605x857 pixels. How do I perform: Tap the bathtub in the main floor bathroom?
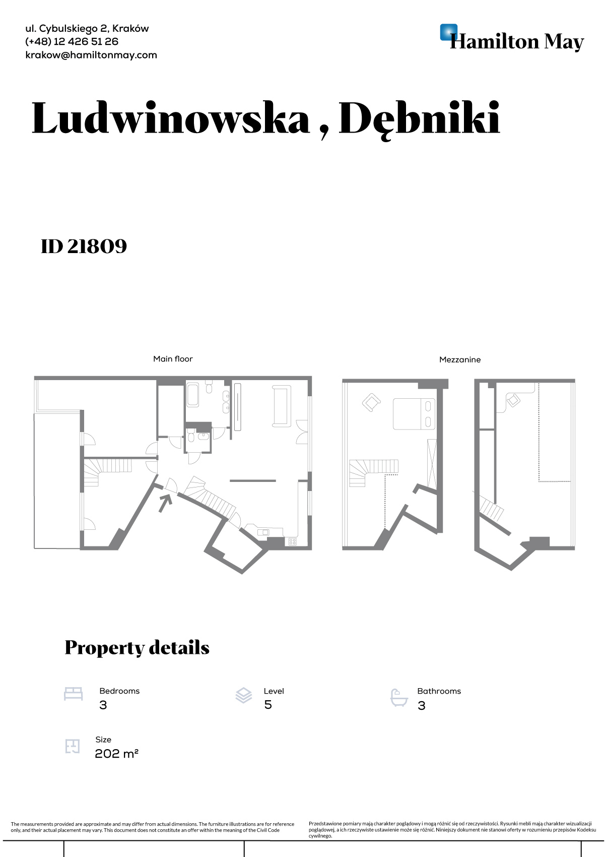tap(192, 395)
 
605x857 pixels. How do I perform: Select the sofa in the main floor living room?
tap(282, 406)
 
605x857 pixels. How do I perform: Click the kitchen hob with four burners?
tap(292, 541)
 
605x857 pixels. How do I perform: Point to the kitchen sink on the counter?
tap(263, 532)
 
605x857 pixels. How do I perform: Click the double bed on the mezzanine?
tap(414, 413)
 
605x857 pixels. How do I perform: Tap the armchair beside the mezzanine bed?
tap(371, 402)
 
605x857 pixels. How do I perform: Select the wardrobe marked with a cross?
tap(432, 464)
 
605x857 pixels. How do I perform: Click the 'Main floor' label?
tap(173, 359)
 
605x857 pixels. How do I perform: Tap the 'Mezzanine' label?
tap(460, 359)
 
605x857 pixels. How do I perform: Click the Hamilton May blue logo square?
tap(449, 32)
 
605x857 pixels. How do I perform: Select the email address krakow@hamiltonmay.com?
tap(91, 55)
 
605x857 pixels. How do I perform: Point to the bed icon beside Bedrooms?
tap(73, 694)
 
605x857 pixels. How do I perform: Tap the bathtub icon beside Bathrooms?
tap(399, 698)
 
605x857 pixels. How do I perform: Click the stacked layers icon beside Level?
tap(244, 695)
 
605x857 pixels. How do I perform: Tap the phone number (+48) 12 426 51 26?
tap(72, 42)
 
